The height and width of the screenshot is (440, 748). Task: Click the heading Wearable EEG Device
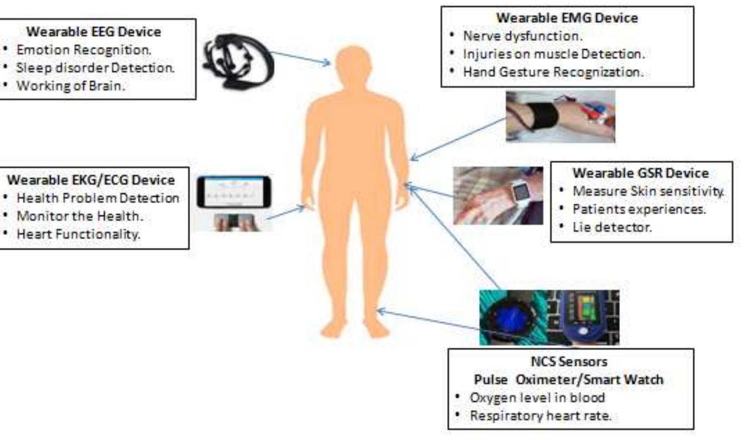[93, 32]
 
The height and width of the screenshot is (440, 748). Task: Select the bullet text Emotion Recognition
[84, 50]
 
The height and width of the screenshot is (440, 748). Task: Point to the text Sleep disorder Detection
[95, 68]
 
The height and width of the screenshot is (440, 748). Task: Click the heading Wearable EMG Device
[567, 18]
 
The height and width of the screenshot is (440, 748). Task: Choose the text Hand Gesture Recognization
[553, 72]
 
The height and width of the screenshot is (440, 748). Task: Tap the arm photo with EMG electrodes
[560, 116]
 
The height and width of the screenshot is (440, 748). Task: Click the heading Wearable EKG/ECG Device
[91, 180]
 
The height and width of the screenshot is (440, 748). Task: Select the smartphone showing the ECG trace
[234, 192]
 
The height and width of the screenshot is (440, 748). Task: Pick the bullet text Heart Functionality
[78, 234]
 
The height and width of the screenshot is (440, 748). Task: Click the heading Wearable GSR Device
[640, 173]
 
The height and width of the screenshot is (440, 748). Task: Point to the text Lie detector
[612, 228]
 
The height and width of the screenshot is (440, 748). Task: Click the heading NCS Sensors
[569, 361]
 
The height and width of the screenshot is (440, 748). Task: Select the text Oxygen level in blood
[537, 398]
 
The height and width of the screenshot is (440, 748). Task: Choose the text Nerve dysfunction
[522, 36]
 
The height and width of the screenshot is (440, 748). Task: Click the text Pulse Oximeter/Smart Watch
[569, 380]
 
